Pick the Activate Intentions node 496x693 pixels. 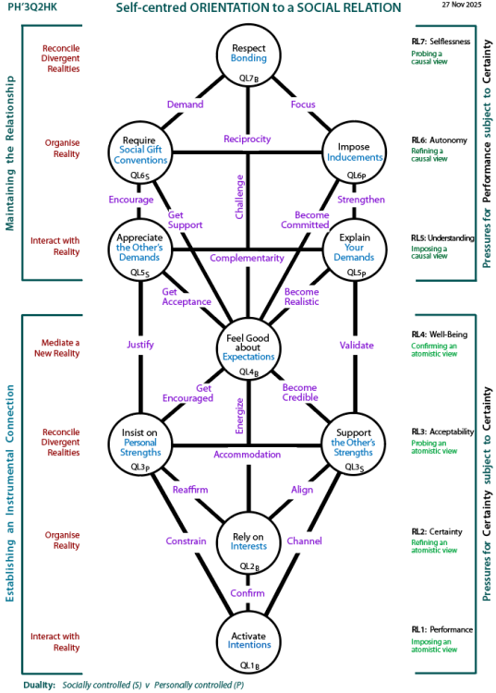pyautogui.click(x=248, y=639)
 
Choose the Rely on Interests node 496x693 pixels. pyautogui.click(x=248, y=545)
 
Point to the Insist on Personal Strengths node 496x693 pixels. pyautogui.click(x=139, y=443)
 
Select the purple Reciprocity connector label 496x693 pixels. pyautogui.click(x=248, y=139)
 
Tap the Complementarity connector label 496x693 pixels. pyautogui.click(x=248, y=258)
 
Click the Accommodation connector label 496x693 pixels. pyautogui.click(x=248, y=455)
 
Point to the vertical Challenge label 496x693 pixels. pyautogui.click(x=238, y=198)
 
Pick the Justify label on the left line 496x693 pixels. pyautogui.click(x=139, y=345)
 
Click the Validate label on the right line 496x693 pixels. pyautogui.click(x=357, y=345)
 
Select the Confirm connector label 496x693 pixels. pyautogui.click(x=248, y=592)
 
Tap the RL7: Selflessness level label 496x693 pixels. pyautogui.click(x=442, y=41)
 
